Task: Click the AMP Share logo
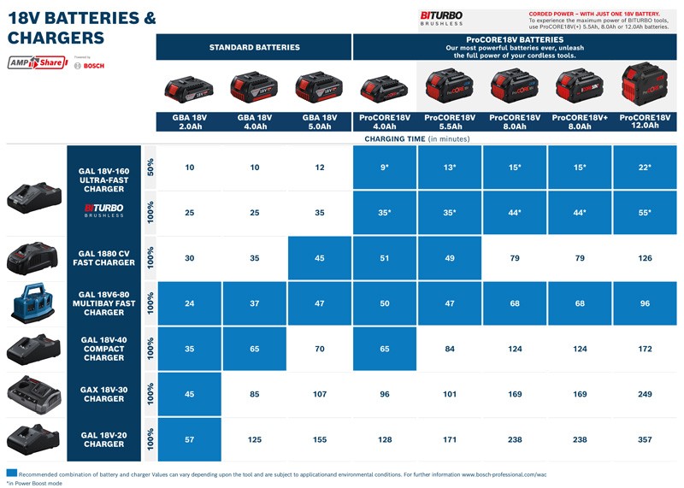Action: (x=37, y=62)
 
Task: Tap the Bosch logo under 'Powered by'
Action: (x=89, y=66)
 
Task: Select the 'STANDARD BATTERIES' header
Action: (x=254, y=47)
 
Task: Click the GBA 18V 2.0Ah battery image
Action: (x=188, y=88)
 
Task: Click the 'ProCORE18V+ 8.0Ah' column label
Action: (x=579, y=121)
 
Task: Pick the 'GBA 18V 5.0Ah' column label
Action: (x=319, y=121)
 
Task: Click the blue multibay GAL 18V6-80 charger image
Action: (x=34, y=303)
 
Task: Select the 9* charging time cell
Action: (x=385, y=167)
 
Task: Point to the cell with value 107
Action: (x=319, y=394)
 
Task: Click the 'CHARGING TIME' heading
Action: (x=417, y=138)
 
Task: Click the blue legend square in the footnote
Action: (x=11, y=473)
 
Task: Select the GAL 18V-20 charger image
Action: (x=34, y=439)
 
